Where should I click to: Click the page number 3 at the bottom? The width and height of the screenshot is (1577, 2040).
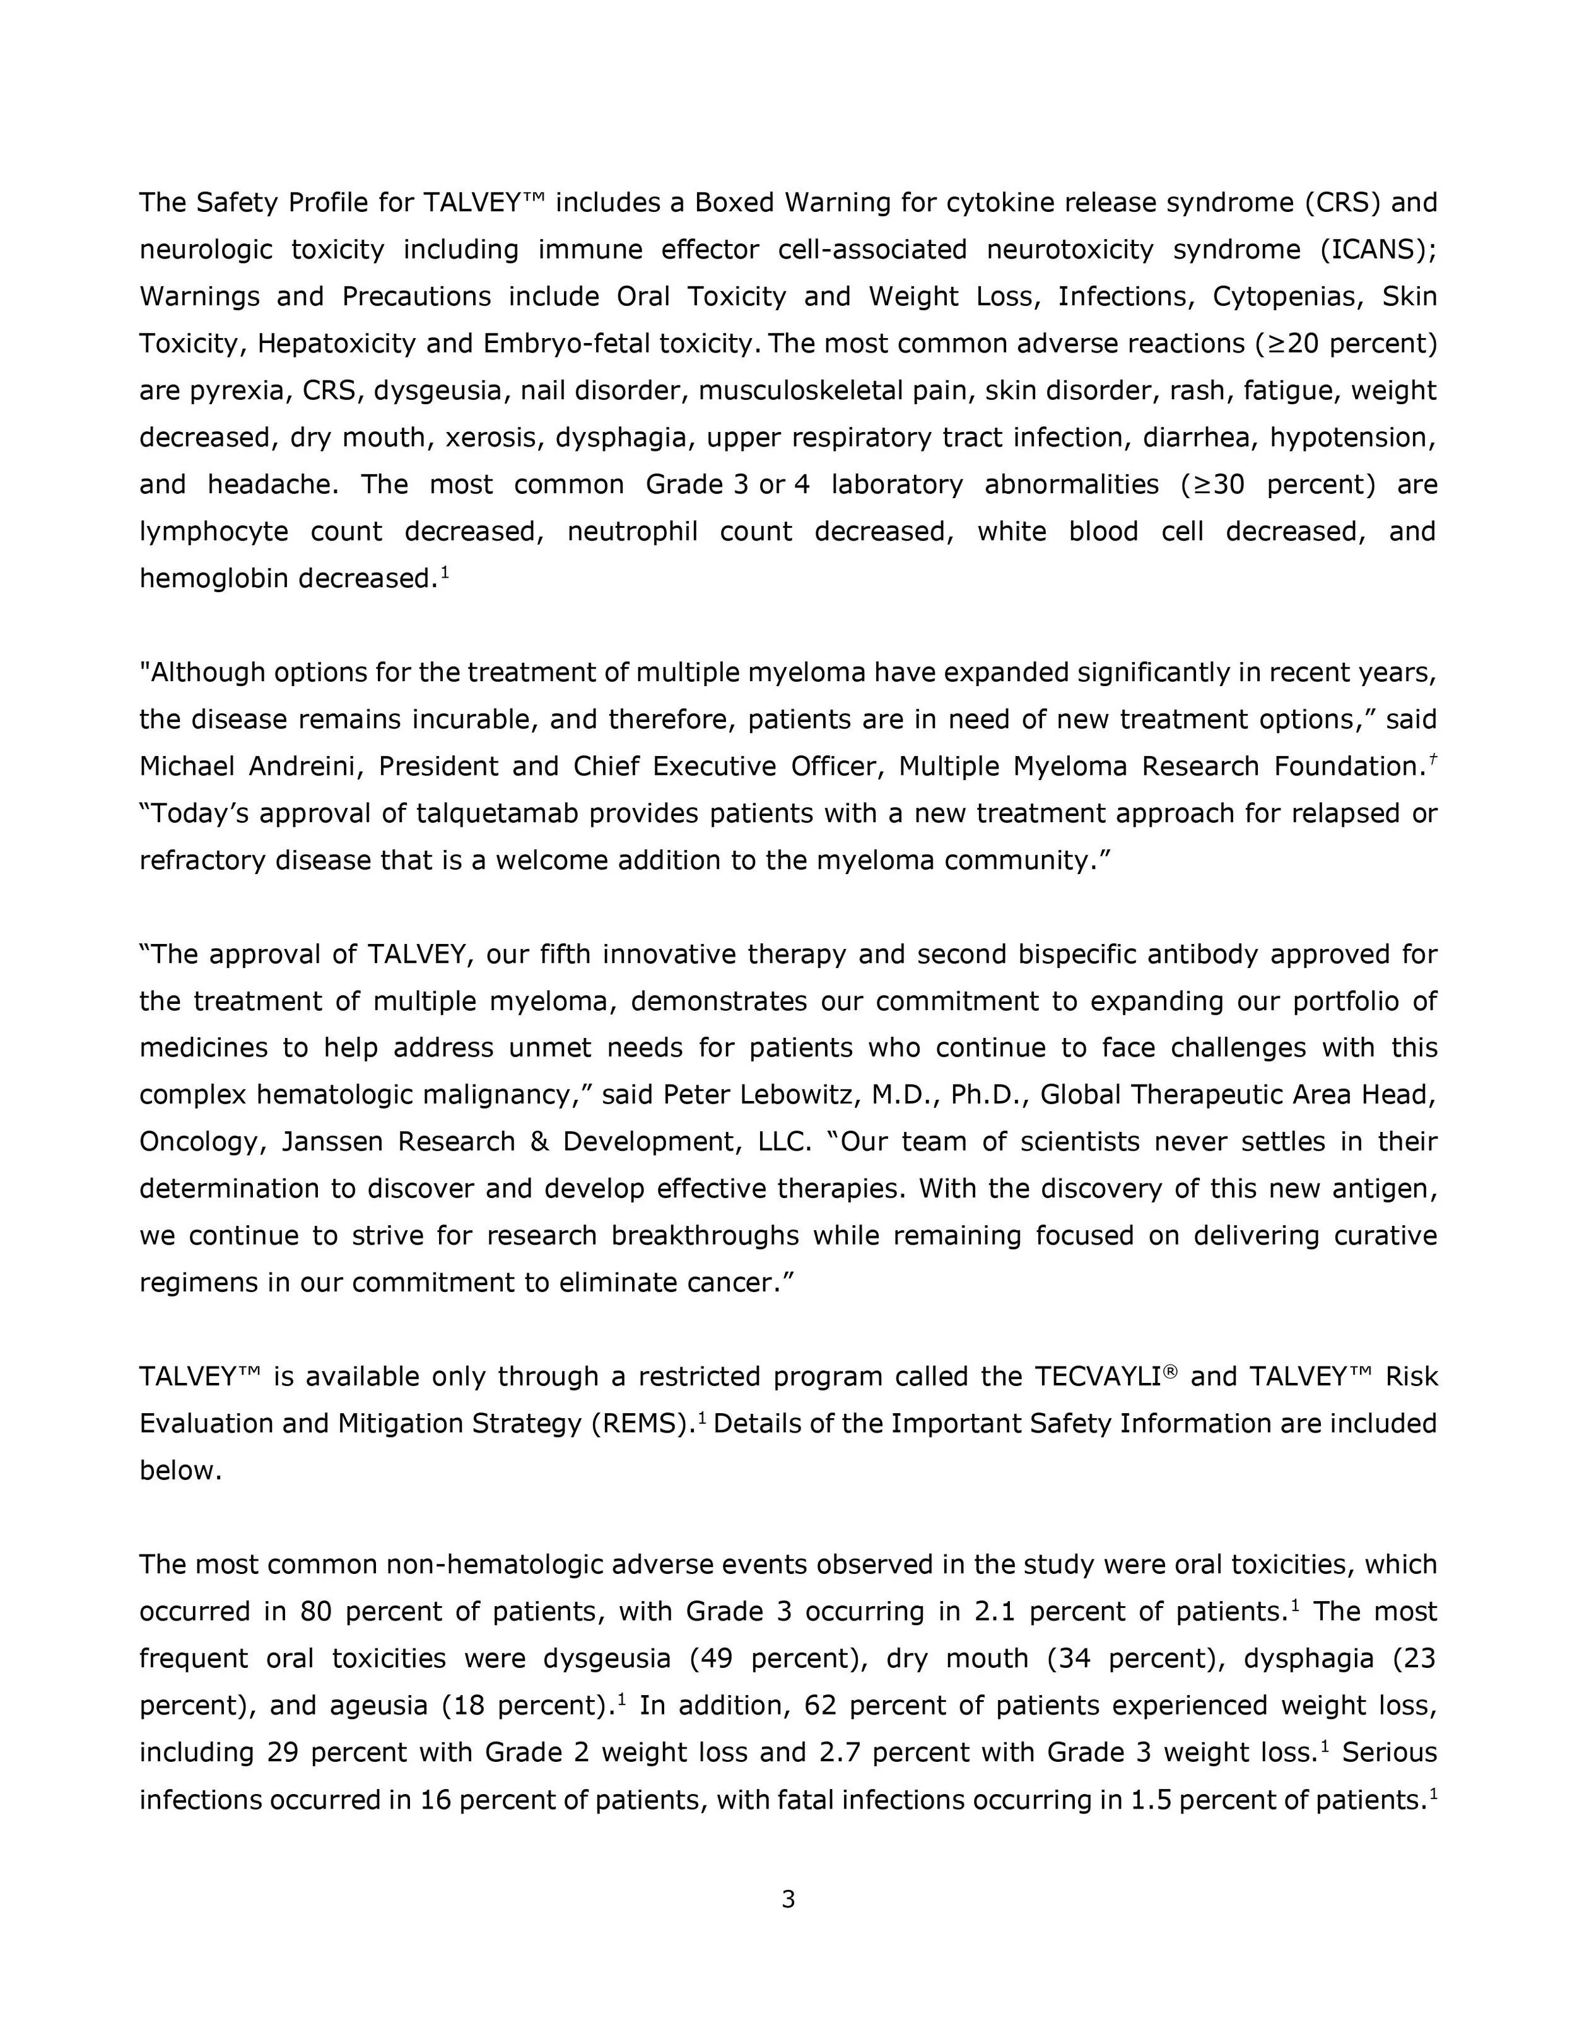[x=788, y=1899]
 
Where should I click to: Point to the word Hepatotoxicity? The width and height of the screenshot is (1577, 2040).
[x=336, y=344]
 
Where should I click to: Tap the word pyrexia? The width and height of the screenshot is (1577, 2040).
[x=237, y=390]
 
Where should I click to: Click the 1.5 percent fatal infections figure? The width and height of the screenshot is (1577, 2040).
[x=1146, y=1799]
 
